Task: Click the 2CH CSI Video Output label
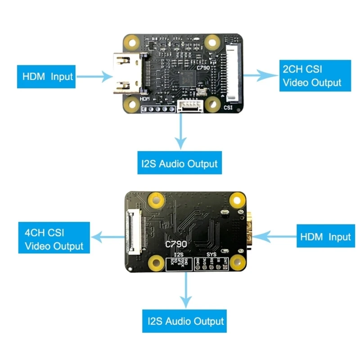click(315, 76)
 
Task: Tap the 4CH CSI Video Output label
click(54, 239)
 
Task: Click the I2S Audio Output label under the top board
click(180, 164)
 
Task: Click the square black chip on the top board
click(188, 78)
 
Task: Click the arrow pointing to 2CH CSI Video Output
click(261, 76)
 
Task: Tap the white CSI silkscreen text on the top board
click(228, 108)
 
